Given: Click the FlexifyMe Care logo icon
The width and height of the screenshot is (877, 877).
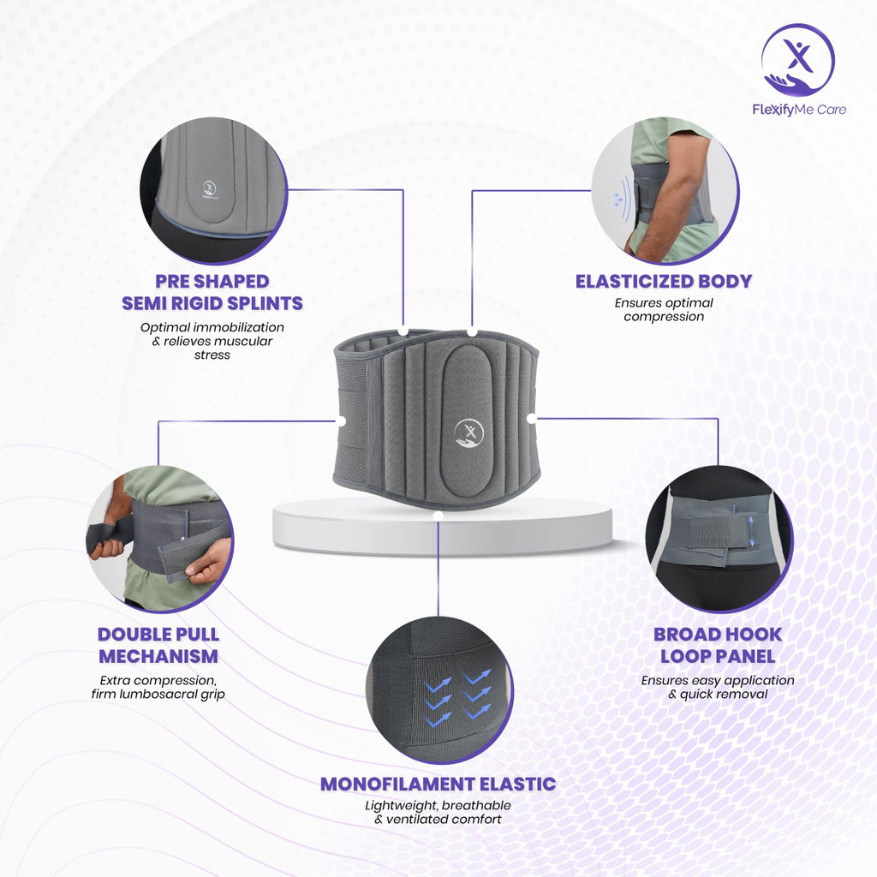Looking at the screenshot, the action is pyautogui.click(x=797, y=60).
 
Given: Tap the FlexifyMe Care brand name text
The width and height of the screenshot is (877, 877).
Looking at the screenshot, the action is pyautogui.click(x=799, y=110).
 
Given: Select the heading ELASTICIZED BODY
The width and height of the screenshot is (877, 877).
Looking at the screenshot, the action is pyautogui.click(x=664, y=281).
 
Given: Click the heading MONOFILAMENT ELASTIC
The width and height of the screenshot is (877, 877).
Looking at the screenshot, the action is pyautogui.click(x=438, y=785).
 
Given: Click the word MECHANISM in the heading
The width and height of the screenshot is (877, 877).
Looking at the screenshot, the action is pyautogui.click(x=158, y=656).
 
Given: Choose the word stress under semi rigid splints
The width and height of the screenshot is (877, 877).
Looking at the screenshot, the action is pyautogui.click(x=212, y=355).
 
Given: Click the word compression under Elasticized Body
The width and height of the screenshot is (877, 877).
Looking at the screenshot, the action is pyautogui.click(x=664, y=317).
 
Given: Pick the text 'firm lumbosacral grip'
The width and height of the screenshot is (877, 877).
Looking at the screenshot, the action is pyautogui.click(x=158, y=694).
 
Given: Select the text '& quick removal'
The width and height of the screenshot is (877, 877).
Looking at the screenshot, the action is pyautogui.click(x=718, y=694).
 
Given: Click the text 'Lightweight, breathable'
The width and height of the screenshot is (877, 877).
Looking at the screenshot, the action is pyautogui.click(x=438, y=805).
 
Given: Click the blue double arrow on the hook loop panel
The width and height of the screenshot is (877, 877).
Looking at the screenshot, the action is pyautogui.click(x=751, y=531).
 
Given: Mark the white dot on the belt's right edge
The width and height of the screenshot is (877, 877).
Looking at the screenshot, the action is pyautogui.click(x=531, y=418).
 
